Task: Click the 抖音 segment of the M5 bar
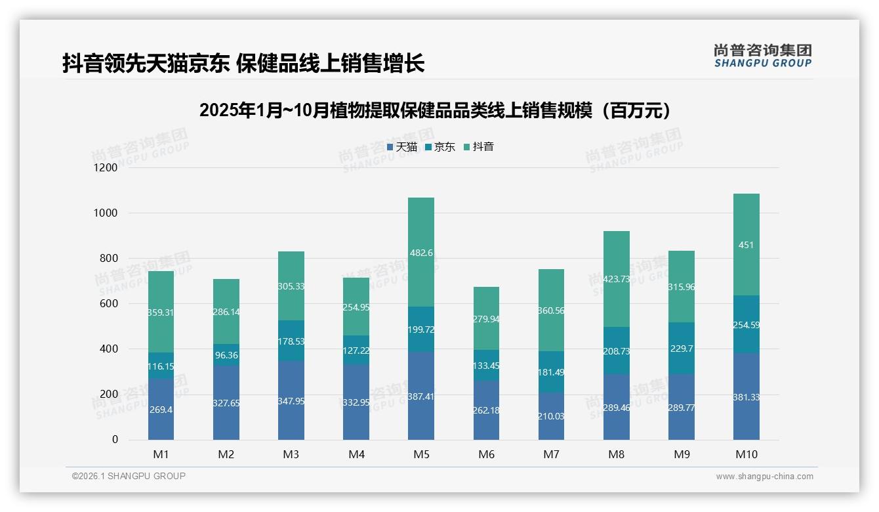click(x=420, y=276)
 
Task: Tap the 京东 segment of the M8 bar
click(x=616, y=351)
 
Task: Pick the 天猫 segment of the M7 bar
click(x=551, y=427)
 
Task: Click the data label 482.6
click(x=420, y=253)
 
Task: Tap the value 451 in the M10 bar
click(x=746, y=245)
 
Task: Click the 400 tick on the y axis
click(x=110, y=349)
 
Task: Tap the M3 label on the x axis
click(x=291, y=454)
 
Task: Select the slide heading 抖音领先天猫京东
click(x=243, y=63)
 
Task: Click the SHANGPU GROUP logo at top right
click(x=762, y=56)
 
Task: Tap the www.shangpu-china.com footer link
click(x=764, y=477)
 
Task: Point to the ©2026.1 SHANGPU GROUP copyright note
click(x=129, y=476)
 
